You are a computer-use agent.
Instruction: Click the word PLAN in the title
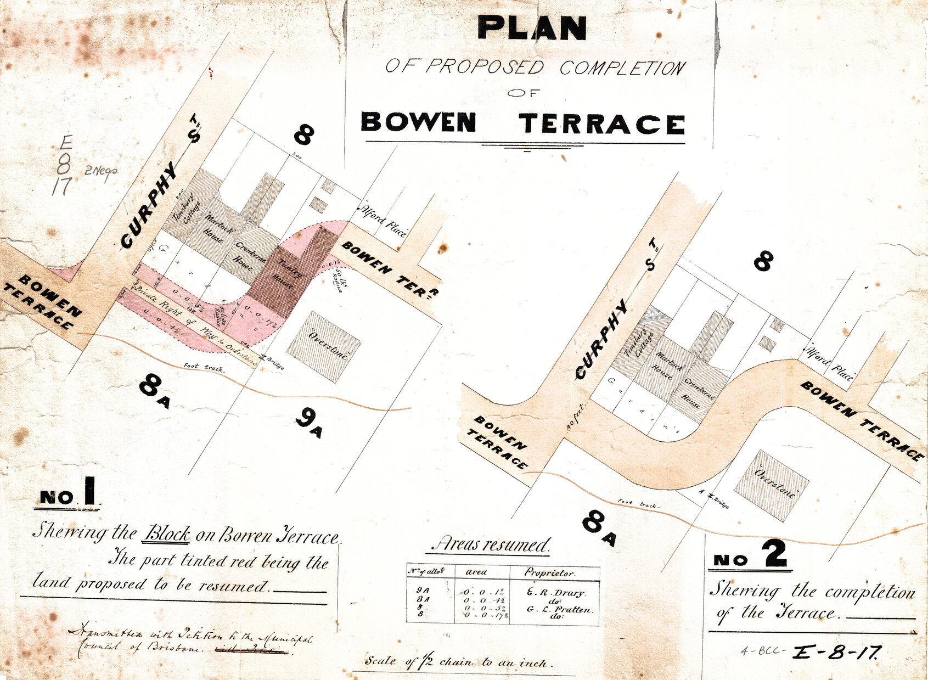click(532, 28)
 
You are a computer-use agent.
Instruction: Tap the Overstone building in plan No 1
click(324, 346)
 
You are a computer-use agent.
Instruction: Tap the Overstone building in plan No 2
click(772, 486)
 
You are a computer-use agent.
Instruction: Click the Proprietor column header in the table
click(549, 572)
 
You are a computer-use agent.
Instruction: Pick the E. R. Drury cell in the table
click(556, 593)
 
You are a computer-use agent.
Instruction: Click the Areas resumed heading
click(490, 544)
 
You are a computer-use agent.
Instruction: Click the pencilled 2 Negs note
click(100, 171)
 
